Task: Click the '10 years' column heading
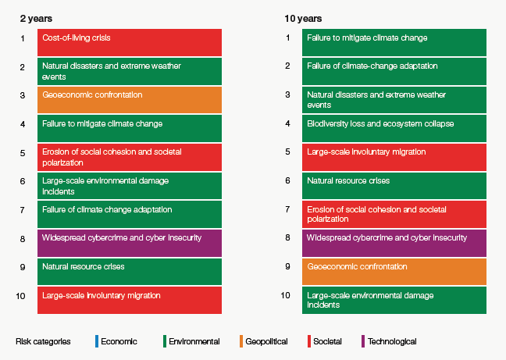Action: click(303, 18)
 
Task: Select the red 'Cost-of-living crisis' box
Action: click(130, 42)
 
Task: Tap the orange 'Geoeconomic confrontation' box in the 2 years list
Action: click(130, 99)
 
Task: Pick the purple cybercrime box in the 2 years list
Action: click(130, 242)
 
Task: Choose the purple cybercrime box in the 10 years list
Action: click(394, 242)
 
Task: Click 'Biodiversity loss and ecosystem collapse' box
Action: click(394, 128)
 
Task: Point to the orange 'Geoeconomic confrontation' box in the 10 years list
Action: click(394, 271)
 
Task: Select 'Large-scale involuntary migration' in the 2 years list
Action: click(130, 300)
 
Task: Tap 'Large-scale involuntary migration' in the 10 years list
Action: click(394, 156)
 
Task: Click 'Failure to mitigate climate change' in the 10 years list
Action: click(394, 42)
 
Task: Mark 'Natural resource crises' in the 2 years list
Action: click(130, 271)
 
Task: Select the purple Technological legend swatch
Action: click(362, 341)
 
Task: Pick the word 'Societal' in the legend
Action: click(328, 341)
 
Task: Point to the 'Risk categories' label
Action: click(44, 341)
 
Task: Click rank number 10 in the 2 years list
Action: click(21, 296)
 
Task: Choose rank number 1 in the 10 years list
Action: click(287, 38)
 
